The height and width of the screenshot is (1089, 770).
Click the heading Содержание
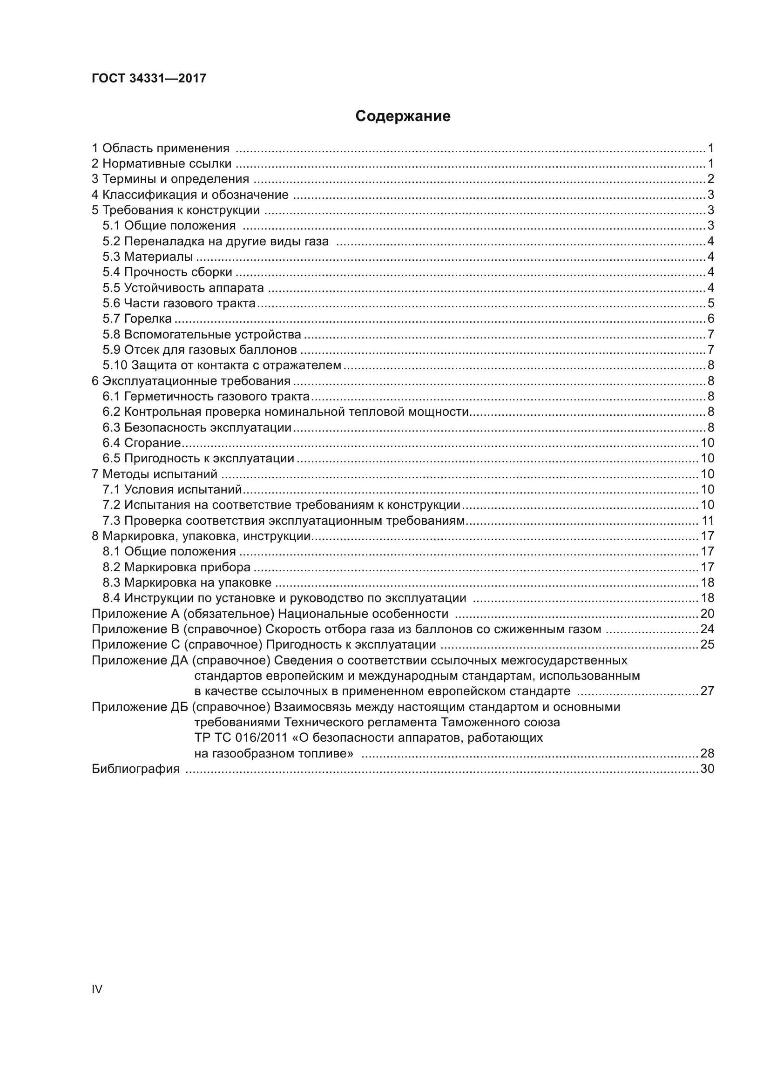pyautogui.click(x=403, y=116)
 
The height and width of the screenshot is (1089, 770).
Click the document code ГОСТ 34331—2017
pyautogui.click(x=149, y=78)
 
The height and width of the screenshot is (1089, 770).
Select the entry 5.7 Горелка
pyautogui.click(x=137, y=319)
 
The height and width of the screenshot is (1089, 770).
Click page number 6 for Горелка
pyautogui.click(x=710, y=319)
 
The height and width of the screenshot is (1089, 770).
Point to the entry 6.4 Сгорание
pyautogui.click(x=142, y=443)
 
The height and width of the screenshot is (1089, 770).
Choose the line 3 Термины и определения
pyautogui.click(x=170, y=179)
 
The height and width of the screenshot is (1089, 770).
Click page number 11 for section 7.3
pyautogui.click(x=708, y=521)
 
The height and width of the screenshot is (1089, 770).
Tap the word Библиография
pyautogui.click(x=135, y=769)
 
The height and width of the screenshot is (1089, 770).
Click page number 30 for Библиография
pyautogui.click(x=707, y=769)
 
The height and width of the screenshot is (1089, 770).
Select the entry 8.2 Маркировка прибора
pyautogui.click(x=176, y=567)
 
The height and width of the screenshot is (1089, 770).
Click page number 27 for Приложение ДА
pyautogui.click(x=707, y=691)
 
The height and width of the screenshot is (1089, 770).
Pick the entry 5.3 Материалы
pyautogui.click(x=148, y=257)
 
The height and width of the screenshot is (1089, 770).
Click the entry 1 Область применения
pyautogui.click(x=160, y=149)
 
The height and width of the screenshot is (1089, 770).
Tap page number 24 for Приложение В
pyautogui.click(x=707, y=629)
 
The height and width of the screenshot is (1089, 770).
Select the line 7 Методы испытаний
pyautogui.click(x=154, y=474)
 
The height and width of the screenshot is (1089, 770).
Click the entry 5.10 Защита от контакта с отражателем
pyautogui.click(x=222, y=365)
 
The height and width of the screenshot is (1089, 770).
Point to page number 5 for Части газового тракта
pyautogui.click(x=710, y=303)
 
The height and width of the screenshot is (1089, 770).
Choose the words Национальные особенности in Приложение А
pyautogui.click(x=363, y=614)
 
